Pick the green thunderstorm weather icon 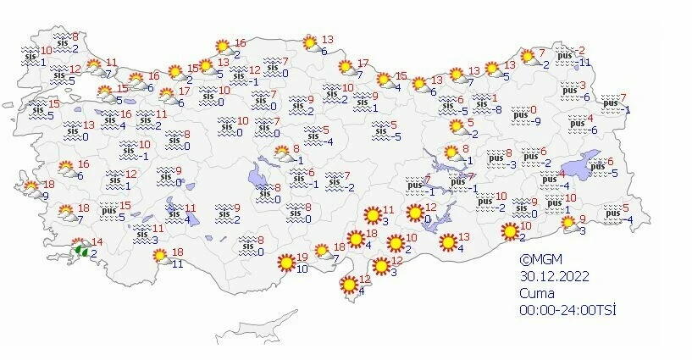[83, 250]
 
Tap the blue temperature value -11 [585, 63]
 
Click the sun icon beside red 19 [285, 263]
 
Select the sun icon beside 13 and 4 [447, 242]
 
